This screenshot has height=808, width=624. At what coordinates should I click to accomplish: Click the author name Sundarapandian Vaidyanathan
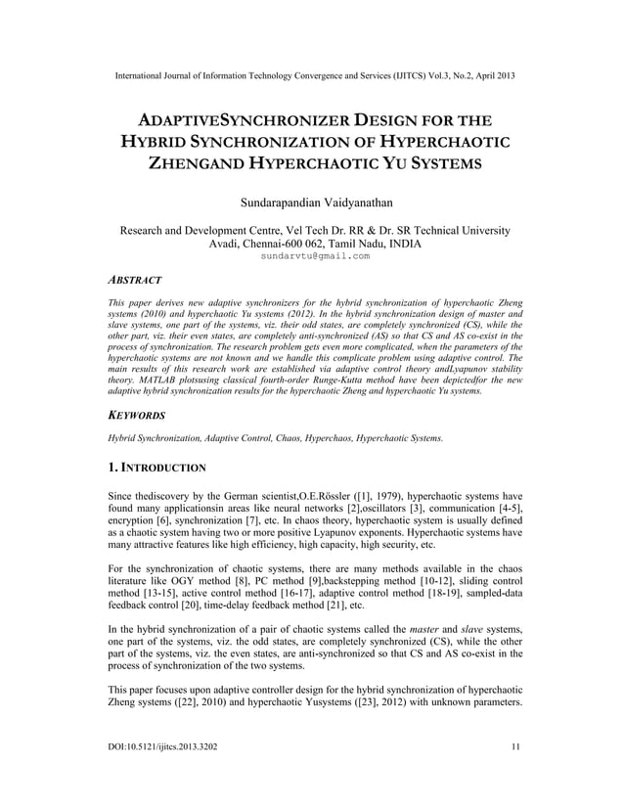[x=313, y=202]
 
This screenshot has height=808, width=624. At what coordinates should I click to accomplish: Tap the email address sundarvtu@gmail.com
[x=314, y=256]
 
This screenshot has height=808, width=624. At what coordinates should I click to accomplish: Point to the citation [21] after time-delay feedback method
[x=390, y=606]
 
